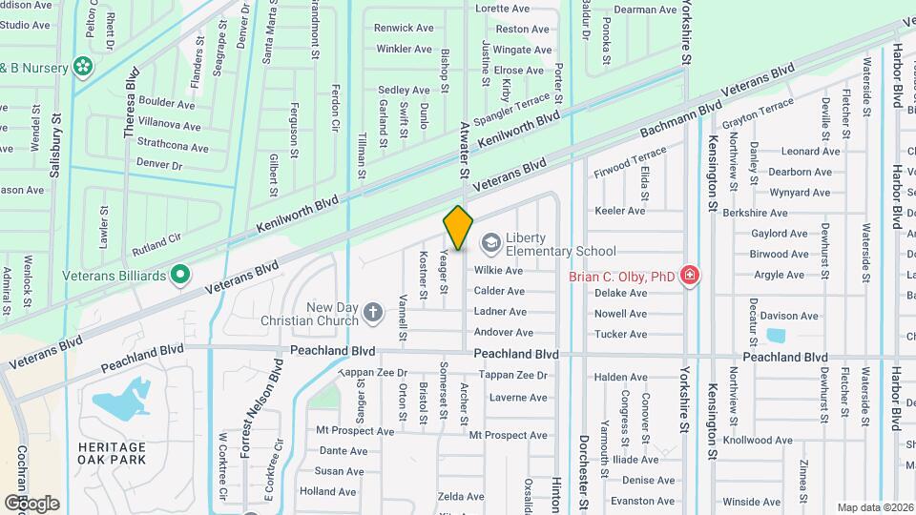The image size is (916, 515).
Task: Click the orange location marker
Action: pos(458,227)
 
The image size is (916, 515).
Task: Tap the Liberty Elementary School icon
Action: pos(490,242)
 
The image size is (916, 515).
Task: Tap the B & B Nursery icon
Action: pos(83,66)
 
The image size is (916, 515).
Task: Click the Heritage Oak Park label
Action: pos(113,453)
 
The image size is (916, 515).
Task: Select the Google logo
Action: pos(31,504)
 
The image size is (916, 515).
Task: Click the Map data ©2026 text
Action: pos(875,507)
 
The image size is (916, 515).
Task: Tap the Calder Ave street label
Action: pos(500,291)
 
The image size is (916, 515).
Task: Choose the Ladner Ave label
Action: pos(500,312)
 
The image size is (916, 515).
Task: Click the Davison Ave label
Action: pos(789,316)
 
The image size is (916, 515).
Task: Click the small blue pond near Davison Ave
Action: pos(774,335)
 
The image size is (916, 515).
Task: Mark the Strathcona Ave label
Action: pos(173,148)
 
